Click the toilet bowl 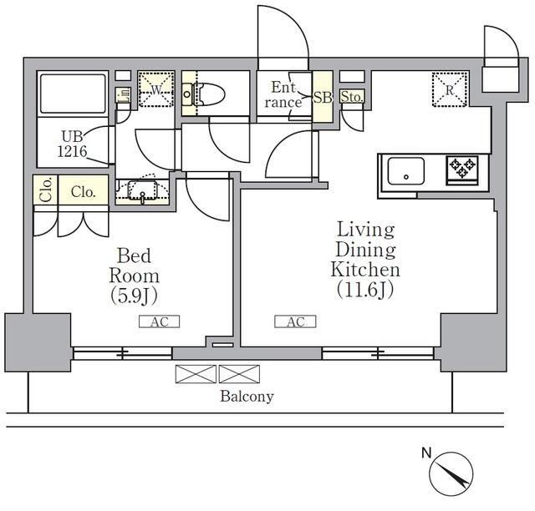point(203,94)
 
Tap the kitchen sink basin point(406,171)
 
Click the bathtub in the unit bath point(73,94)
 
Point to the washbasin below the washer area point(142,190)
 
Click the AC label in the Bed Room point(160,321)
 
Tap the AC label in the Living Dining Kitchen point(295,321)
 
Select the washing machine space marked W point(156,89)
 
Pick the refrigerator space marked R point(450,89)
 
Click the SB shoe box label point(323,98)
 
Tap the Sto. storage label point(352,97)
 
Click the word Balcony point(247,397)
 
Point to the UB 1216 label point(72,144)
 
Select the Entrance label point(283,94)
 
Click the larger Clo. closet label point(83,192)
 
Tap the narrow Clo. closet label point(46,190)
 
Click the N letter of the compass point(426,453)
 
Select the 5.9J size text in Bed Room point(134,296)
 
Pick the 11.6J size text point(365,290)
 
